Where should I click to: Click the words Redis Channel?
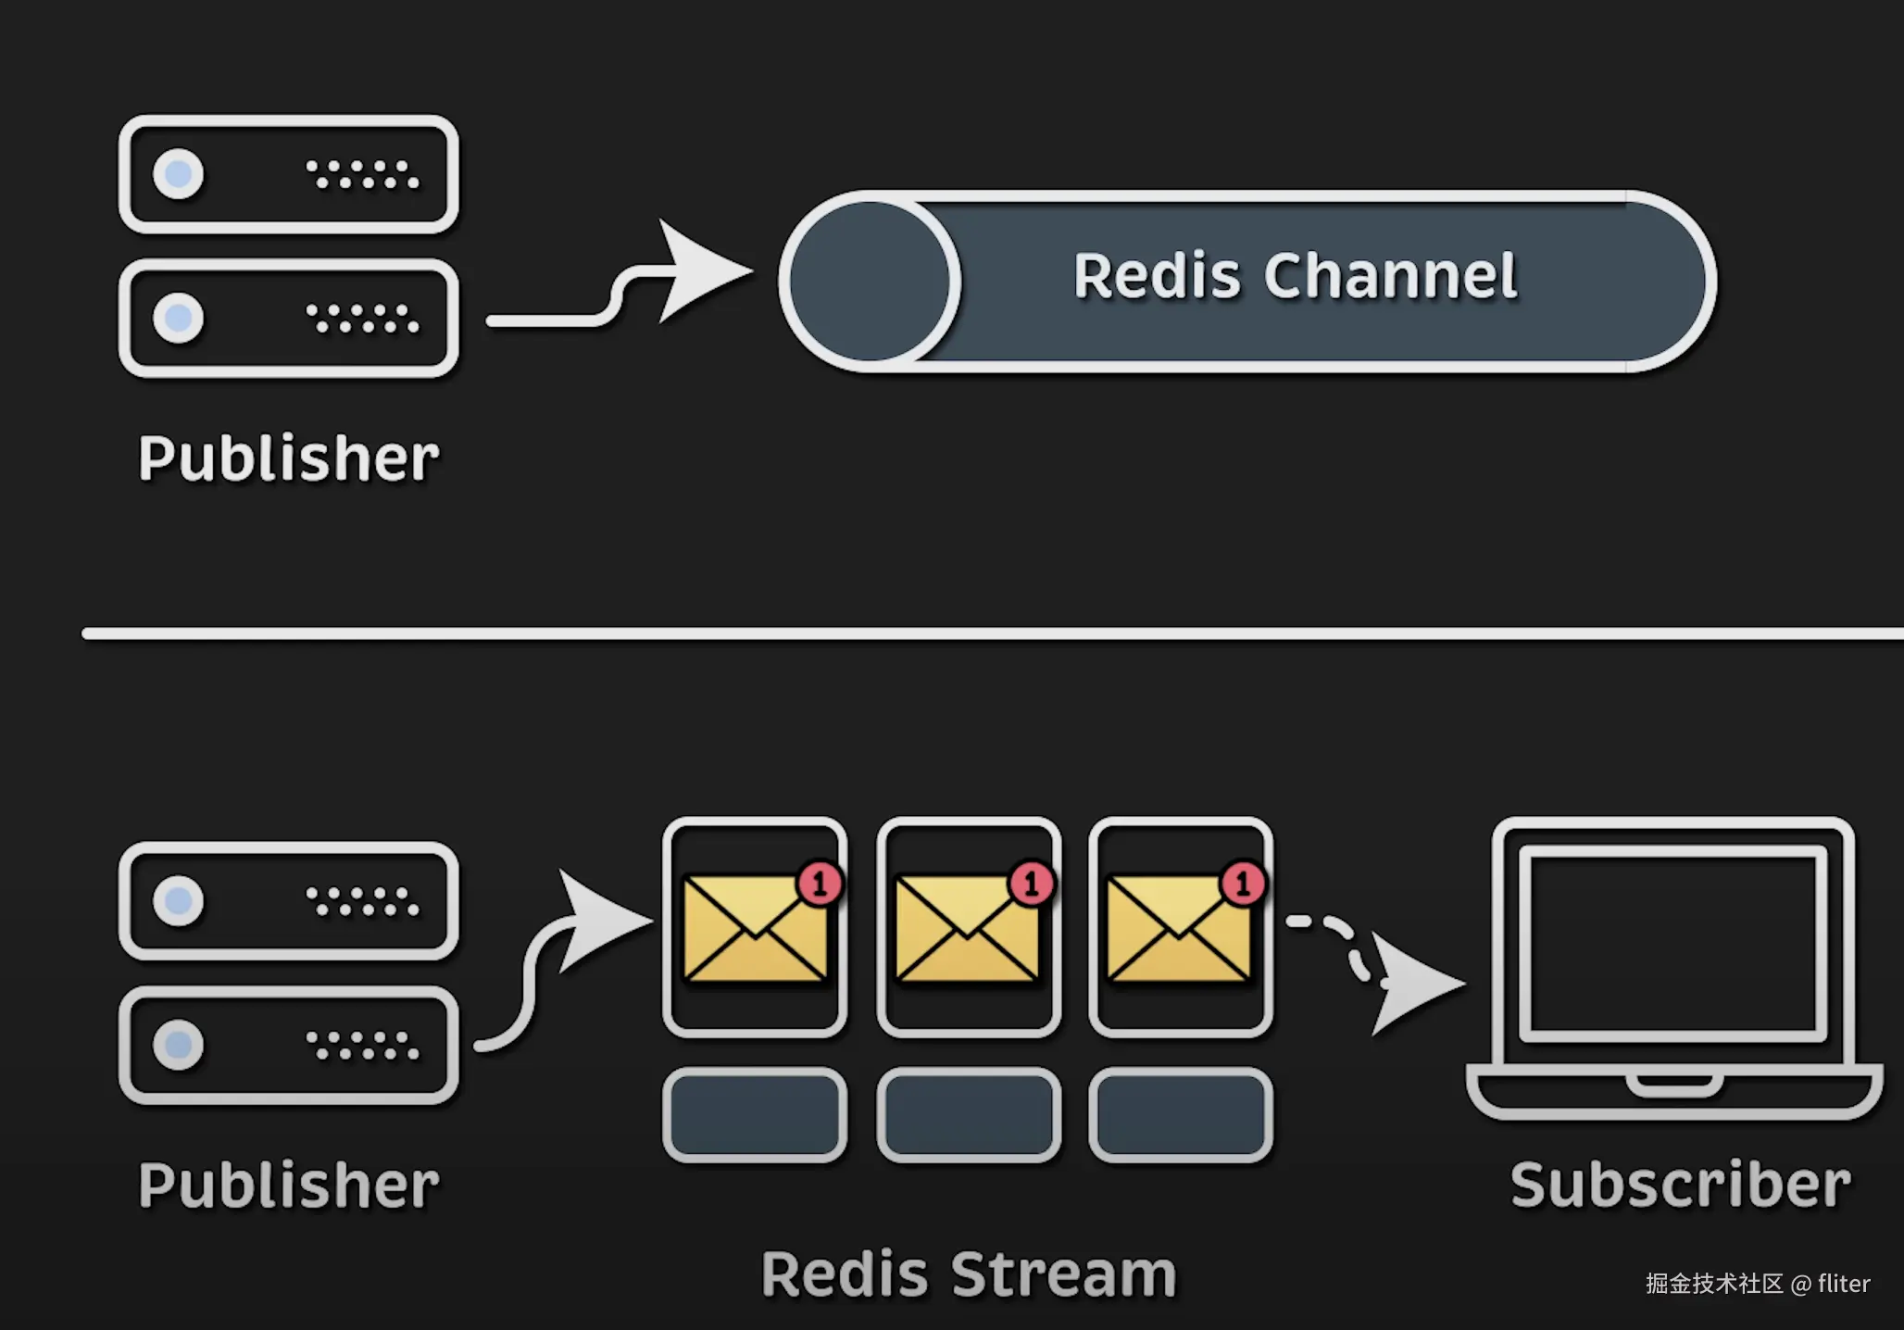(1295, 276)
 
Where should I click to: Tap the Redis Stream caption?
(968, 1274)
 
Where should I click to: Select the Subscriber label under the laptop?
(1680, 1185)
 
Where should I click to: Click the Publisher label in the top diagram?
(288, 458)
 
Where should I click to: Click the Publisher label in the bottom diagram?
(288, 1186)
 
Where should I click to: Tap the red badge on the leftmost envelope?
(820, 883)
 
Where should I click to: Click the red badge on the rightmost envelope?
(1243, 883)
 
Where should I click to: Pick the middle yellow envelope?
(967, 929)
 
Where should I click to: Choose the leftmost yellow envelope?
(754, 929)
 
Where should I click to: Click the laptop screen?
(1672, 943)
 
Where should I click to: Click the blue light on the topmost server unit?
(178, 173)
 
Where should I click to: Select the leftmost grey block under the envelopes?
(755, 1115)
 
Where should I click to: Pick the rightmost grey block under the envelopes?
(1181, 1115)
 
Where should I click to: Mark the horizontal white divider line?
(991, 634)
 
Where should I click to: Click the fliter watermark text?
(1843, 1284)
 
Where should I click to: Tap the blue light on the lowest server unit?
(178, 1045)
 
